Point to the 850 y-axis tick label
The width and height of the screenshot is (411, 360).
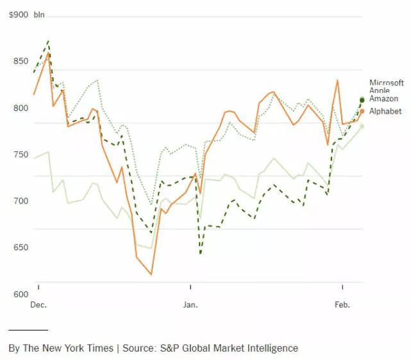click(x=22, y=61)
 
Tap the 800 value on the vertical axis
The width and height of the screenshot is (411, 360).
click(x=22, y=108)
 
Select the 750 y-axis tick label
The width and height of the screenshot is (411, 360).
click(x=22, y=155)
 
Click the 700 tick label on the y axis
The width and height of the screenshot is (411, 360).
click(x=22, y=201)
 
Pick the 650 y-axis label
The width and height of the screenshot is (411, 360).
click(x=22, y=248)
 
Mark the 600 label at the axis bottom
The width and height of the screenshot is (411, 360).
click(x=22, y=295)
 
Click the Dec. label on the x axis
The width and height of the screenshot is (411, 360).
click(x=38, y=305)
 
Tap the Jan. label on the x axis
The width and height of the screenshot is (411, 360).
click(x=190, y=305)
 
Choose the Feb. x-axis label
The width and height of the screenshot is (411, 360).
click(x=342, y=305)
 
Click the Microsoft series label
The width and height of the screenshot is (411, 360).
click(x=386, y=83)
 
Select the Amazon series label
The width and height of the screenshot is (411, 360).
click(x=383, y=99)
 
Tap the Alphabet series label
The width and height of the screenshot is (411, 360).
click(x=385, y=112)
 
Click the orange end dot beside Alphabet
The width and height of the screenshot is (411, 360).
click(x=362, y=112)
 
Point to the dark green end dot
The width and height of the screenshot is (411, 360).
click(x=362, y=99)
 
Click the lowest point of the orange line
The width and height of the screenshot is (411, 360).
click(x=151, y=275)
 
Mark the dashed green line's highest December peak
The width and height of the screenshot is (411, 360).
click(x=48, y=41)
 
